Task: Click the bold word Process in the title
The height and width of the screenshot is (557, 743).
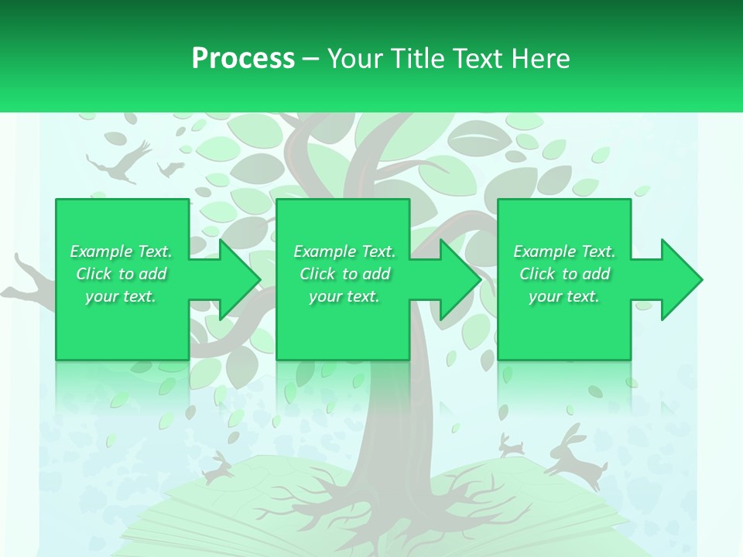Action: click(x=243, y=59)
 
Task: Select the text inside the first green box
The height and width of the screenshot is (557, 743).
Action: click(x=121, y=274)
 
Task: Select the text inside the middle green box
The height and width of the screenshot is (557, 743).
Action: click(x=344, y=274)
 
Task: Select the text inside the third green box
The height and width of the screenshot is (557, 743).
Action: click(x=564, y=274)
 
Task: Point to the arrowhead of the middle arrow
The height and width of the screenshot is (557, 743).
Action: click(x=460, y=279)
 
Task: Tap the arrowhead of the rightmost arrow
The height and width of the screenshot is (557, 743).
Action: click(x=681, y=279)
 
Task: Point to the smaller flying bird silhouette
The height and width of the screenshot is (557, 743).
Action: click(x=170, y=168)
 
